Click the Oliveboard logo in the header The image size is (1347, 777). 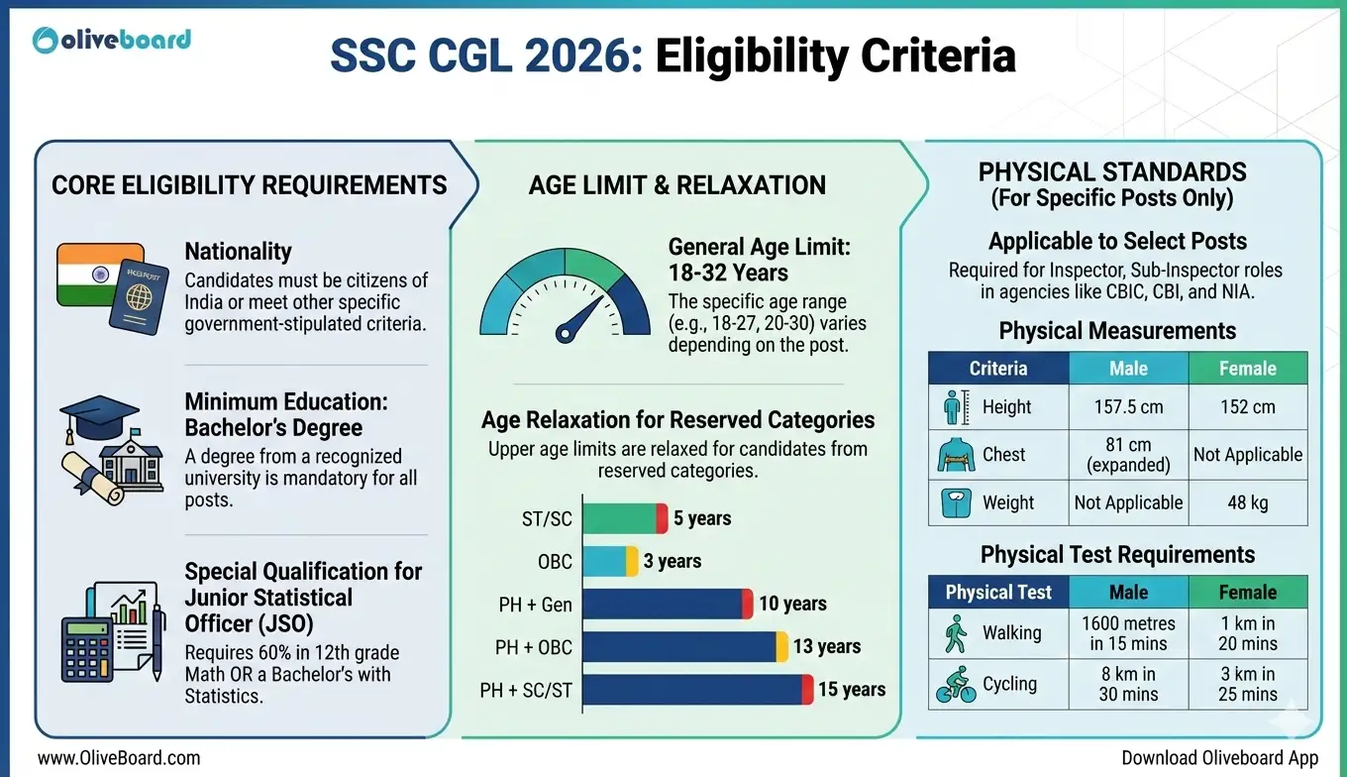(111, 40)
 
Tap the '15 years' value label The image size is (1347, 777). (852, 689)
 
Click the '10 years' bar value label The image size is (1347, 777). (792, 604)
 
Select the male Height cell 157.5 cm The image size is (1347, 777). (1128, 407)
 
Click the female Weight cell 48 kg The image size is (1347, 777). (1247, 502)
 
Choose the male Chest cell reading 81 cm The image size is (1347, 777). (1128, 454)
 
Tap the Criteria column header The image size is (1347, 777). (998, 369)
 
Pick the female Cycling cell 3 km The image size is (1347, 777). (1247, 684)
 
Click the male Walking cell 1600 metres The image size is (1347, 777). (1128, 633)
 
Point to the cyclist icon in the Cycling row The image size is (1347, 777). (956, 684)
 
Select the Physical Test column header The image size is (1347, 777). (998, 593)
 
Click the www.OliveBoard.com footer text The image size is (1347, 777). (119, 758)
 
